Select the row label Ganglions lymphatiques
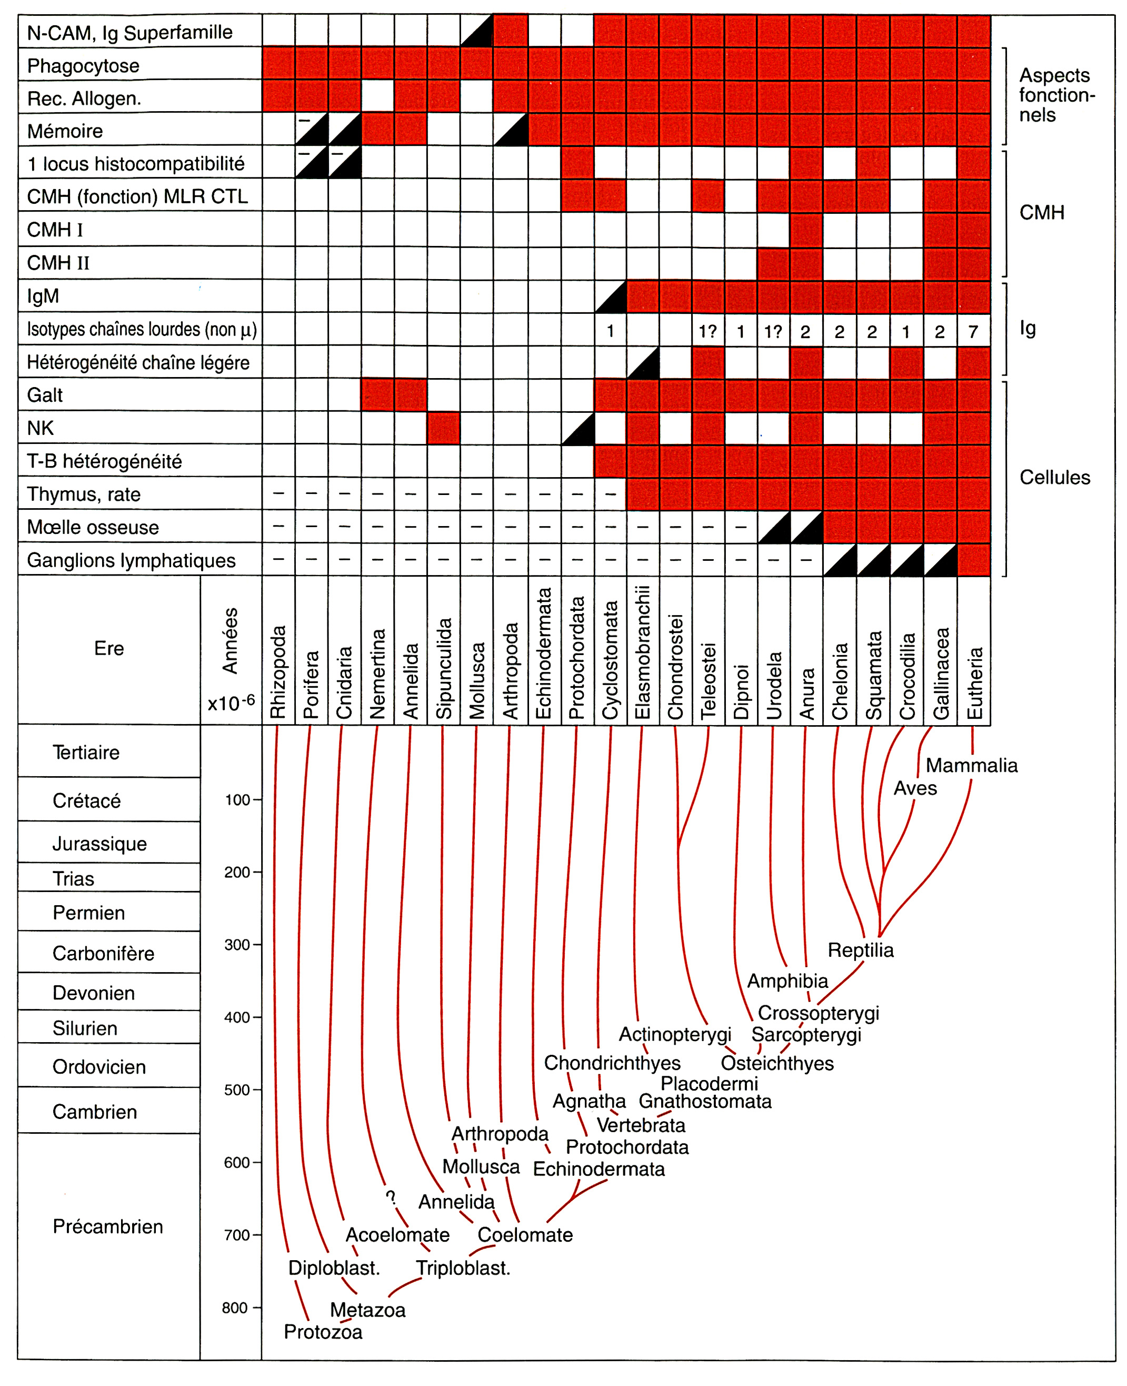(x=131, y=560)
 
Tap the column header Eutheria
(x=974, y=682)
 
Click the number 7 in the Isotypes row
(x=972, y=332)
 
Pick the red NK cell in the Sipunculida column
(x=443, y=428)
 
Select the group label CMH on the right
(x=1041, y=212)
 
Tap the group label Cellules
(x=1054, y=478)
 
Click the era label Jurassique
(x=99, y=844)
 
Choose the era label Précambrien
(x=108, y=1226)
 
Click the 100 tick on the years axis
(x=237, y=799)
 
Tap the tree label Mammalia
(x=971, y=765)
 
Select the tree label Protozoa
(x=323, y=1331)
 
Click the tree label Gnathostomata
(x=705, y=1101)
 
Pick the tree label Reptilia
(x=860, y=949)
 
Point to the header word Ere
(x=108, y=648)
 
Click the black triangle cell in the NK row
(x=578, y=428)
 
